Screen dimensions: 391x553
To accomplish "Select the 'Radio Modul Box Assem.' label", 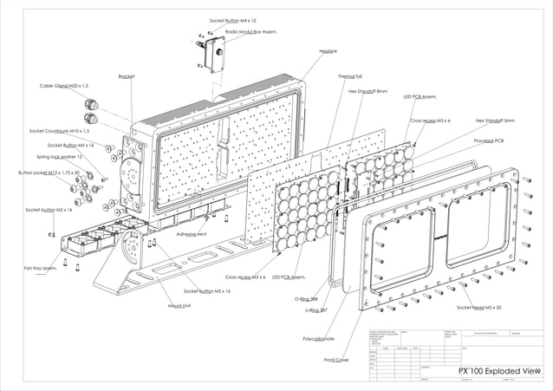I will pyautogui.click(x=250, y=30).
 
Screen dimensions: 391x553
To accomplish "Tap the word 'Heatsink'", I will pyautogui.click(x=328, y=52).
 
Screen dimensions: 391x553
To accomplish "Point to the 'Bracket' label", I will pyautogui.click(x=127, y=76).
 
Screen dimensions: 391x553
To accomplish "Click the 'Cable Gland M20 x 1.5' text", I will pyautogui.click(x=64, y=86).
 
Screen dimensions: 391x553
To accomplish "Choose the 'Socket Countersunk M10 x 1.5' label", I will pyautogui.click(x=59, y=131).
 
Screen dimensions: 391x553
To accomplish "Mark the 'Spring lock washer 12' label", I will pyautogui.click(x=59, y=157).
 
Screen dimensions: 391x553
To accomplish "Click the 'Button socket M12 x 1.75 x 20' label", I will pyautogui.click(x=49, y=173).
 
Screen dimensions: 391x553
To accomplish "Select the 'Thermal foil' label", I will pyautogui.click(x=350, y=76).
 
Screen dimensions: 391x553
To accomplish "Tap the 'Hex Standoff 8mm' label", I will pyautogui.click(x=368, y=91).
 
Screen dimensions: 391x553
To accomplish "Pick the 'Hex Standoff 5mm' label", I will pyautogui.click(x=495, y=121).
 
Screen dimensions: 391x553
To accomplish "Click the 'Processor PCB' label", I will pyautogui.click(x=489, y=140).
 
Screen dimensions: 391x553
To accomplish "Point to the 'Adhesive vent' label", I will pyautogui.click(x=192, y=234).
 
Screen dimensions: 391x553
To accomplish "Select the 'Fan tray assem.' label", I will pyautogui.click(x=40, y=268).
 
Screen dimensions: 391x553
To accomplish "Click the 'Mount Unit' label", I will pyautogui.click(x=179, y=306).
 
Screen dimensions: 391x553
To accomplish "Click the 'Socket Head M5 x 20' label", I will pyautogui.click(x=478, y=308).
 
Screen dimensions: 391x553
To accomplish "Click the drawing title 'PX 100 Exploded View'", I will pyautogui.click(x=498, y=370).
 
